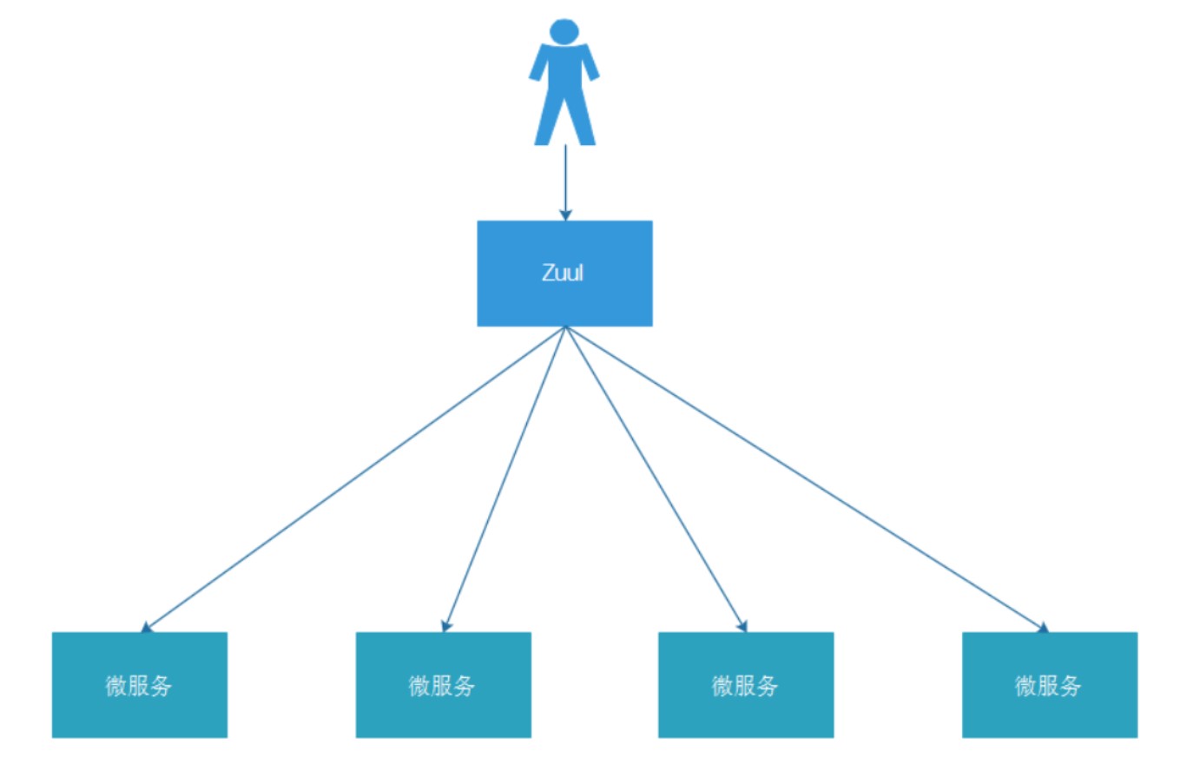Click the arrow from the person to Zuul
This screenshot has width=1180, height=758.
[x=565, y=178]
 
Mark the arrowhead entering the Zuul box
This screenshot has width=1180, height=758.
[x=565, y=214]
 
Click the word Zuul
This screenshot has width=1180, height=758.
[x=564, y=273]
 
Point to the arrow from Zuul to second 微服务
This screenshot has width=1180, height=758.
[x=504, y=478]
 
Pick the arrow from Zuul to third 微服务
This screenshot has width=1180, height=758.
[x=656, y=478]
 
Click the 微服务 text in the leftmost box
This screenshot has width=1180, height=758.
[x=139, y=686]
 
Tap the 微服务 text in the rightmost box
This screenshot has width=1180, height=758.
[x=1048, y=686]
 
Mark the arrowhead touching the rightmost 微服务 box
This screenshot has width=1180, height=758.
[x=1042, y=627]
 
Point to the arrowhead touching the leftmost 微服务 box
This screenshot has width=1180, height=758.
[x=147, y=627]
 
